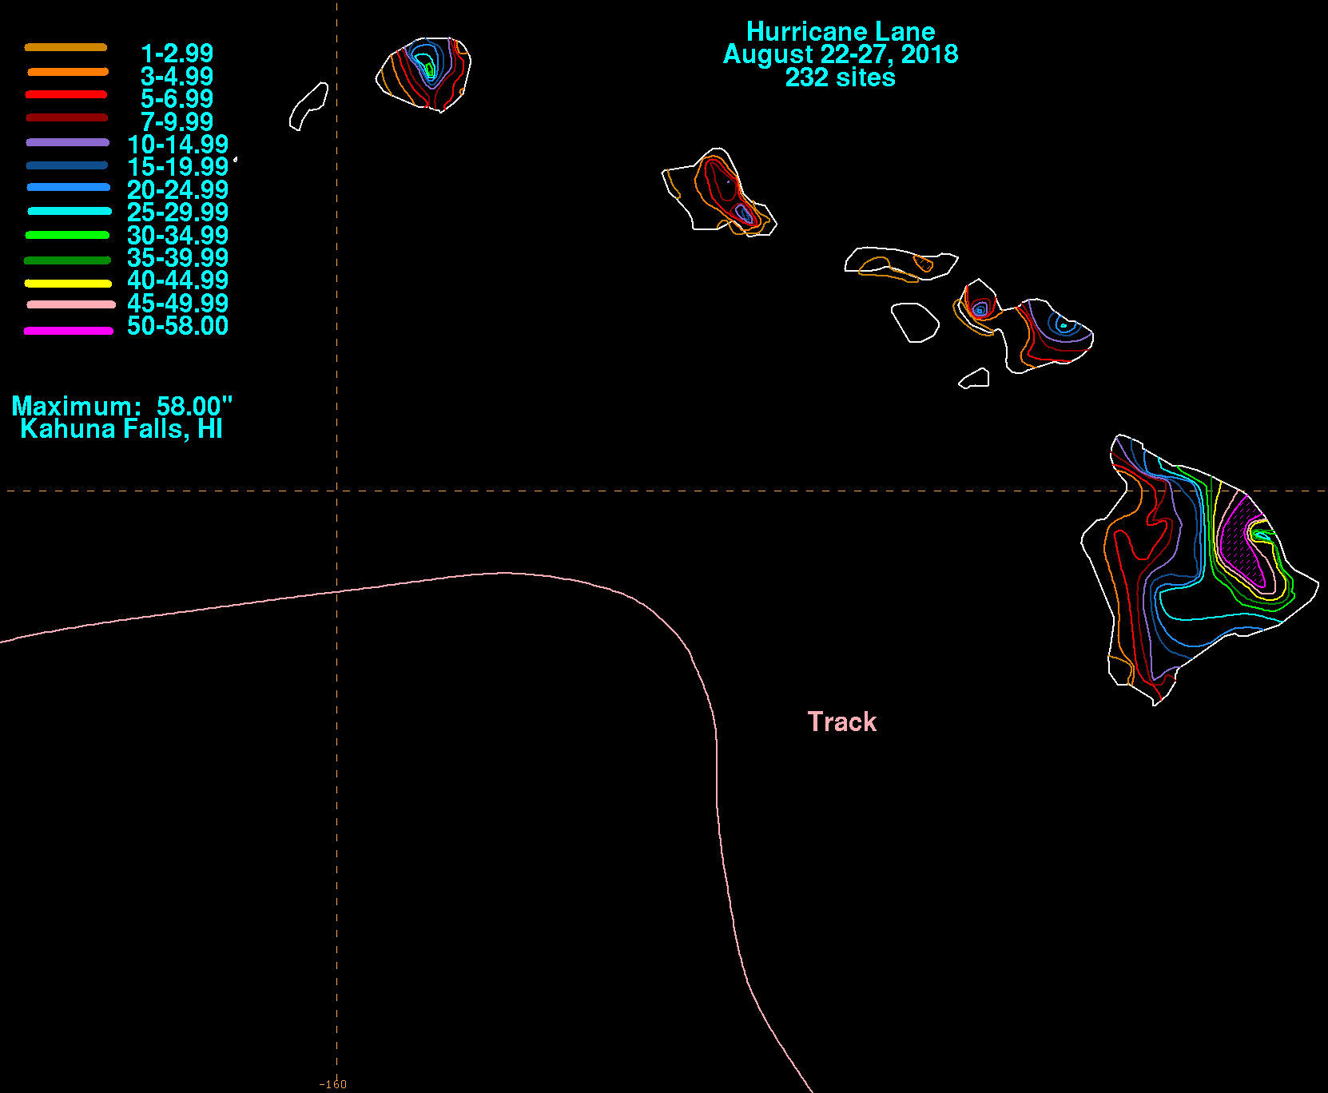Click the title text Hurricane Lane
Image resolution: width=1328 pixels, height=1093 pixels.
[841, 32]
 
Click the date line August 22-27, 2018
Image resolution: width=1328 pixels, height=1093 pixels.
[841, 54]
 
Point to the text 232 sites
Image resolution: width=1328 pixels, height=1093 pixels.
[841, 78]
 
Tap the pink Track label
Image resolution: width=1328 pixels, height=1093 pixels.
[842, 721]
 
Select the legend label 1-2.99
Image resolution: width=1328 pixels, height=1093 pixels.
[177, 54]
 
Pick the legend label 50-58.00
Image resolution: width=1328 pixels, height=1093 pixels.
[178, 326]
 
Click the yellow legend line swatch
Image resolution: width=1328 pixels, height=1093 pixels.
[68, 283]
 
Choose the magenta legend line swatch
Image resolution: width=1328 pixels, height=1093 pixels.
[68, 330]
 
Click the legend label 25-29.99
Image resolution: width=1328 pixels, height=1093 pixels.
[178, 213]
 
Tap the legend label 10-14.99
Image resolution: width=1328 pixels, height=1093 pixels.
[178, 145]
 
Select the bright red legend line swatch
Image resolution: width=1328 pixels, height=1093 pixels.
[66, 94]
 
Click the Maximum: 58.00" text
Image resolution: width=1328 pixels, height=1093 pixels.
[121, 406]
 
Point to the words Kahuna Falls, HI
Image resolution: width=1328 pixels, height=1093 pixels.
[121, 429]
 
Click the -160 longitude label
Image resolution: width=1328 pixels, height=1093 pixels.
[333, 1084]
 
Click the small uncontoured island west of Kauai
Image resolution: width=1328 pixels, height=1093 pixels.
[308, 106]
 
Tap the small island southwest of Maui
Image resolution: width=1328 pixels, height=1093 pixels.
[975, 378]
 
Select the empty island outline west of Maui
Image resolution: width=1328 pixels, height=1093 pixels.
[915, 322]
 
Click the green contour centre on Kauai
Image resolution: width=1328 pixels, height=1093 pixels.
[430, 70]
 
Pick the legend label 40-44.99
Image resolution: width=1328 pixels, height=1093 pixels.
[178, 280]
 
